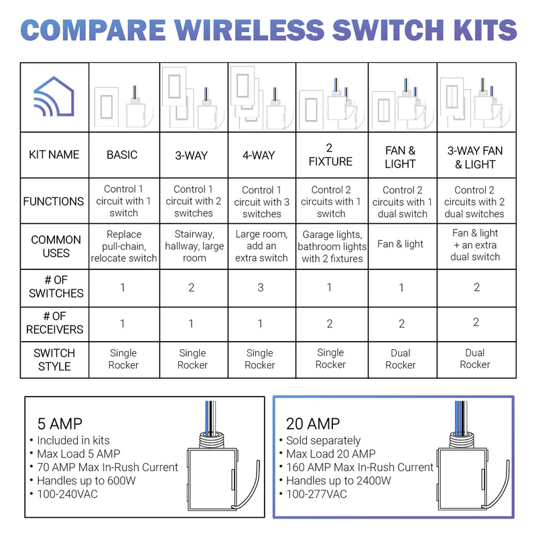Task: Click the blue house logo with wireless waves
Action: [55, 98]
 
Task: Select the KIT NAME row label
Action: [55, 155]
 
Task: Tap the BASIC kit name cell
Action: [122, 155]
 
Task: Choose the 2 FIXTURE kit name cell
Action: [330, 155]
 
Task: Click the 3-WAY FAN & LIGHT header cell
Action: [475, 157]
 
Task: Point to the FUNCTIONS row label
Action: [54, 201]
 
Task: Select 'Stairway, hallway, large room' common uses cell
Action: [194, 246]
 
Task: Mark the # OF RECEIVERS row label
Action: [55, 323]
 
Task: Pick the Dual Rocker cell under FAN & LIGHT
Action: [401, 358]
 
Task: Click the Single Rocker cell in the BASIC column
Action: [123, 358]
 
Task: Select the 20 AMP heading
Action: [312, 423]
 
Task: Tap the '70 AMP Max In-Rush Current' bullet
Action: [107, 467]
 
